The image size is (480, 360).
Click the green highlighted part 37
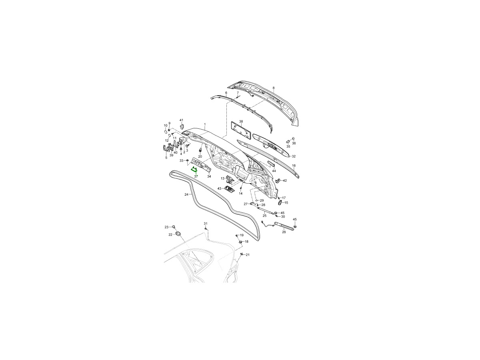(x=194, y=169)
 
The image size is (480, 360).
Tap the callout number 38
(x=241, y=122)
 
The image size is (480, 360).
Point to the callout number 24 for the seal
(x=186, y=194)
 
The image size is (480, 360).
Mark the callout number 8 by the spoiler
(x=273, y=88)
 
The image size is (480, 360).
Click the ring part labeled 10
(x=166, y=132)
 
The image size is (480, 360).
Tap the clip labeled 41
(x=182, y=127)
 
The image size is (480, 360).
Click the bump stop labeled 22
(x=178, y=234)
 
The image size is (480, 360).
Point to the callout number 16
(x=294, y=166)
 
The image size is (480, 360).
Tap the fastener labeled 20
(x=200, y=151)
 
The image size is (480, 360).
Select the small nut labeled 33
(x=188, y=161)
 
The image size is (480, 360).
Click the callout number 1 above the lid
(x=205, y=124)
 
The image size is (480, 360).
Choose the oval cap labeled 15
(x=280, y=203)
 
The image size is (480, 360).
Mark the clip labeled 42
(x=278, y=180)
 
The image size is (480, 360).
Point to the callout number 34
(x=209, y=176)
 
